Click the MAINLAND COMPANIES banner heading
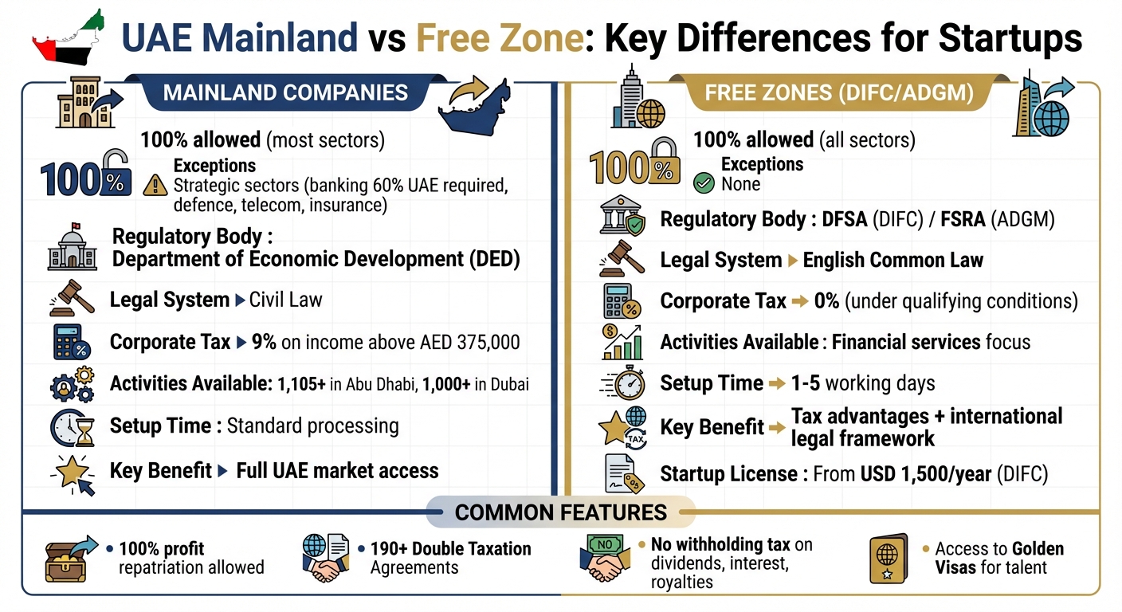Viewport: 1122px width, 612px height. [x=285, y=92]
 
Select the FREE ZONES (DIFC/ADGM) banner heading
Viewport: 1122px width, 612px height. [x=839, y=93]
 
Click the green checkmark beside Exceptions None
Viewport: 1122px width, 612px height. [x=704, y=184]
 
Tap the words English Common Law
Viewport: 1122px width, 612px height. [x=892, y=261]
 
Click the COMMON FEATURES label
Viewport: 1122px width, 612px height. [x=560, y=512]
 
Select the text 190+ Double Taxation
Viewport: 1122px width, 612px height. [x=450, y=549]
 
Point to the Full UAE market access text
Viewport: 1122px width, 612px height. [x=337, y=470]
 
